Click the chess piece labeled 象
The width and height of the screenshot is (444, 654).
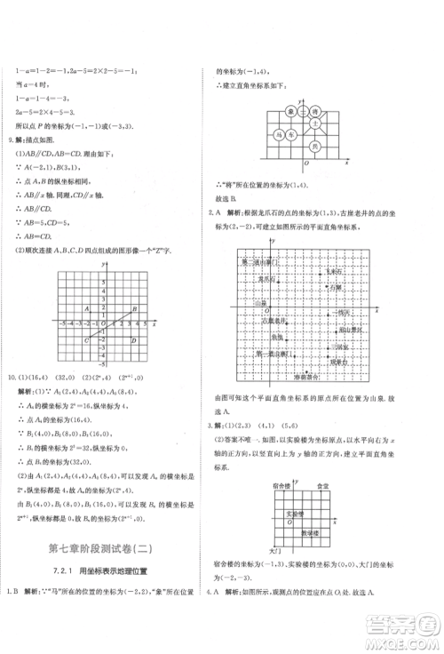(290, 113)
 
